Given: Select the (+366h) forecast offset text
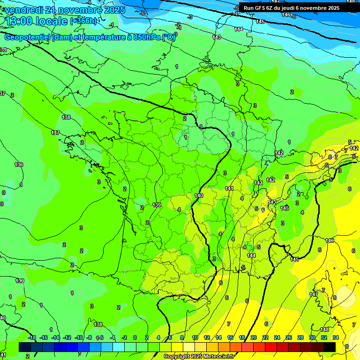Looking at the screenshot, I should pyautogui.click(x=83, y=21).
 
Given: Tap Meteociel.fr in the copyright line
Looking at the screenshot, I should pyautogui.click(x=217, y=357).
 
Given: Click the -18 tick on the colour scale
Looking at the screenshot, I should pyautogui.click(x=32, y=337).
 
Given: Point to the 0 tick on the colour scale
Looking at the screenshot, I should pyautogui.click(x=135, y=337).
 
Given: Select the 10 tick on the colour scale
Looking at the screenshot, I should pyautogui.click(x=195, y=337).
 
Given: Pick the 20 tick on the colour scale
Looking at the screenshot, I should pyautogui.click(x=253, y=337).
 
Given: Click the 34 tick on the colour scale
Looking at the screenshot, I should pyautogui.click(x=336, y=337).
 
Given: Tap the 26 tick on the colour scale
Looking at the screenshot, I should pyautogui.click(x=289, y=337).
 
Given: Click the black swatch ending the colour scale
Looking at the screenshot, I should pyautogui.click(x=330, y=347).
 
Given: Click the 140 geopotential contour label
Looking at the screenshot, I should pyautogui.click(x=199, y=195).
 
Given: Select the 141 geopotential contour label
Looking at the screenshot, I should pyautogui.click(x=229, y=188).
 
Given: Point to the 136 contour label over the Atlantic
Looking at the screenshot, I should pyautogui.click(x=19, y=165).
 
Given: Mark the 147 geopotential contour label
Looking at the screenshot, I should pyautogui.click(x=314, y=294).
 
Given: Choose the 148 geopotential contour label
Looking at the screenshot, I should pyautogui.click(x=324, y=330).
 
